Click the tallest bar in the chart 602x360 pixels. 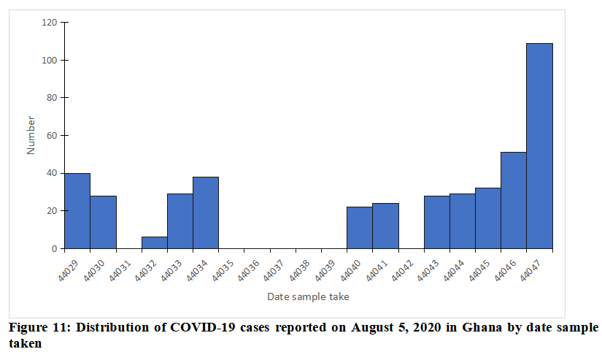click(539, 146)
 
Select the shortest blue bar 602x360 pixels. click(154, 243)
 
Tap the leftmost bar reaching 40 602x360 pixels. click(77, 211)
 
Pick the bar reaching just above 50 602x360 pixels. click(513, 200)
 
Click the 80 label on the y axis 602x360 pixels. click(52, 98)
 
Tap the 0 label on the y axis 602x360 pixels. click(54, 249)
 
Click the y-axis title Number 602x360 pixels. click(31, 135)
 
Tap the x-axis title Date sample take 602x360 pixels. click(308, 296)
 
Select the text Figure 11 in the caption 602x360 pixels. click(34, 328)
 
